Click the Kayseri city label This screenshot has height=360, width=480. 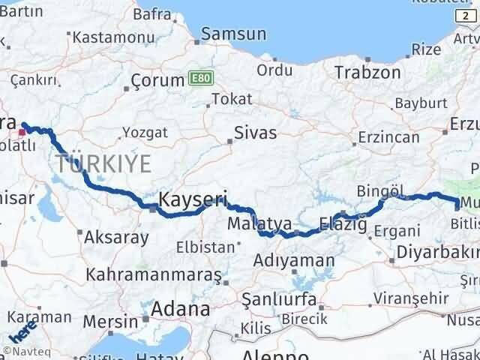tap(193, 199)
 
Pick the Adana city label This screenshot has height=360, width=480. tap(180, 308)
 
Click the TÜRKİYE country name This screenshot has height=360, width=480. tap(103, 163)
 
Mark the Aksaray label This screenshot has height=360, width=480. tap(116, 237)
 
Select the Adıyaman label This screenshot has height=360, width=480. tap(294, 260)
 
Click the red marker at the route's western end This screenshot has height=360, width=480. tap(22, 132)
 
